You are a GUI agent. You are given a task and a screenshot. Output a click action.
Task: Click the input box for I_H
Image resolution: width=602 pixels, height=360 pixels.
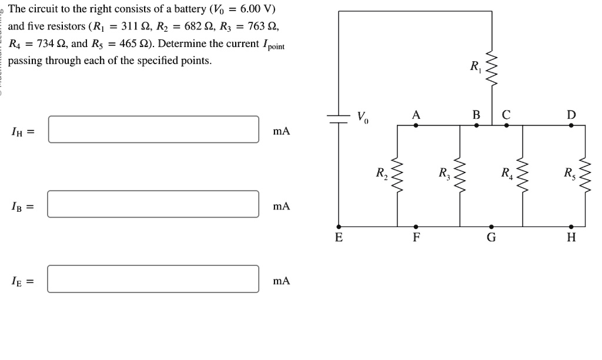pos(153,129)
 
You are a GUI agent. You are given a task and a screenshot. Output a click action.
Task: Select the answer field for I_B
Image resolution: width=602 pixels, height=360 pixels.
pos(153,204)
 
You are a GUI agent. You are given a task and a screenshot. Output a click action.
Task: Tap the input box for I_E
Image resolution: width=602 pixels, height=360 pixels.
pos(153,279)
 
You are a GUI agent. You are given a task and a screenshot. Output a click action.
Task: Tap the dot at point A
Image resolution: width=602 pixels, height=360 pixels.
pos(416,125)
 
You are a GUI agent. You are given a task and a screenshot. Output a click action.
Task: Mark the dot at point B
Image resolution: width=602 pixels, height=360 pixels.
pos(476,125)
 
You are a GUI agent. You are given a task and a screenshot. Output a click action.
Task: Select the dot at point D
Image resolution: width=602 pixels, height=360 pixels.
pos(571,125)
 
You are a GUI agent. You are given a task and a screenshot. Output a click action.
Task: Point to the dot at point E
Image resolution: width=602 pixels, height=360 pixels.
pos(338,226)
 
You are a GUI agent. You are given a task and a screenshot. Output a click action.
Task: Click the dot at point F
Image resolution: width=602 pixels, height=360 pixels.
pos(416,226)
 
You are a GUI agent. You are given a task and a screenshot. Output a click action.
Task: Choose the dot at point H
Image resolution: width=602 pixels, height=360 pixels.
pos(571,226)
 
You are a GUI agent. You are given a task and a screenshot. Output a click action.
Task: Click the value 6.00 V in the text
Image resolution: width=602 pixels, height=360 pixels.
pos(257,9)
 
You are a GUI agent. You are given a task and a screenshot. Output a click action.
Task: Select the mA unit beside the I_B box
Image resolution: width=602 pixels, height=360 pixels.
pos(282,206)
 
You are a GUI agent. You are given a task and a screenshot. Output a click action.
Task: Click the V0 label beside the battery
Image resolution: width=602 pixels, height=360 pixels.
pos(363,116)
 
